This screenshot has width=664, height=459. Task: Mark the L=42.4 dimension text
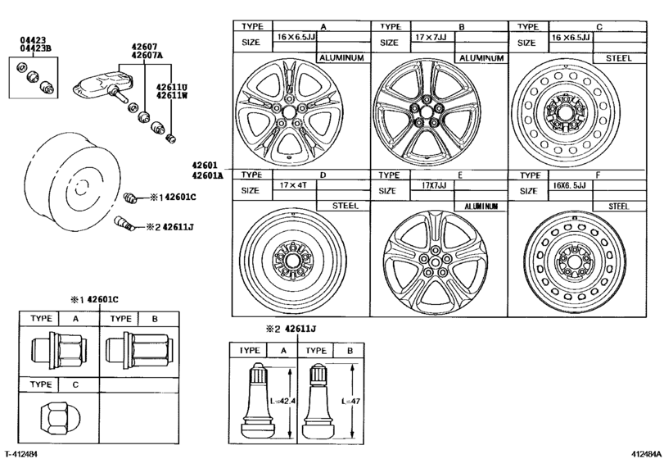pos(286,402)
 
